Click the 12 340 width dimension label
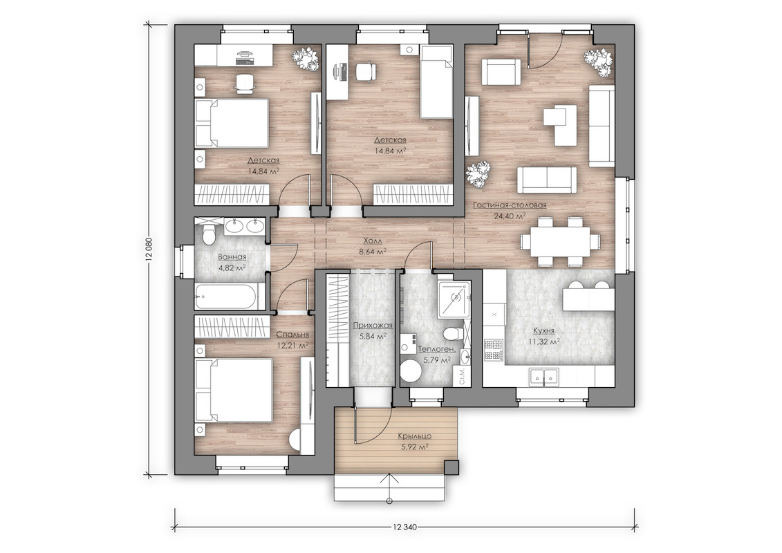tap(404, 527)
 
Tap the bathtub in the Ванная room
tap(227, 297)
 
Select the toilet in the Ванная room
tap(209, 234)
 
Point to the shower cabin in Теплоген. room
tap(454, 299)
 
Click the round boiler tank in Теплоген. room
tap(413, 371)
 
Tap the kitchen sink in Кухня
tap(543, 377)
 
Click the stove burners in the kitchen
tap(494, 350)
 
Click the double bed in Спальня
tap(234, 391)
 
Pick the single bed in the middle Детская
tap(436, 82)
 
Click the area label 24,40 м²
tap(509, 216)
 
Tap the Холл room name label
tap(373, 241)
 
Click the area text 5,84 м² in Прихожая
tap(373, 337)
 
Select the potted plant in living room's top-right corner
tap(598, 62)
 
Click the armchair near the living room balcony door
tap(500, 73)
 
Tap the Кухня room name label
tap(543, 330)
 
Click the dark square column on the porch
tap(451, 468)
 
